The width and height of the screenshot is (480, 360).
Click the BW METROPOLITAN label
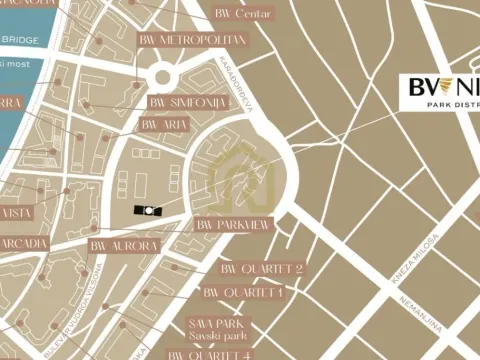point(189,39)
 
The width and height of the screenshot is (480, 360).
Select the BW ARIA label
point(164,124)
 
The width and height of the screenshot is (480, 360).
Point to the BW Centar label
point(243,14)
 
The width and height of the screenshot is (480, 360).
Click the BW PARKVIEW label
point(232,226)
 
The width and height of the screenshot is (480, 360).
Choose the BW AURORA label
point(124,245)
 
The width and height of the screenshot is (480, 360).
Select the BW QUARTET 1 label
point(243,292)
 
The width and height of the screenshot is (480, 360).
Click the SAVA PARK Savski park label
point(222,330)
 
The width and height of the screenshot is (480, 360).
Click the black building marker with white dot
point(146,210)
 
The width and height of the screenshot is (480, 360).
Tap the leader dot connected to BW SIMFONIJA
point(88,103)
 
